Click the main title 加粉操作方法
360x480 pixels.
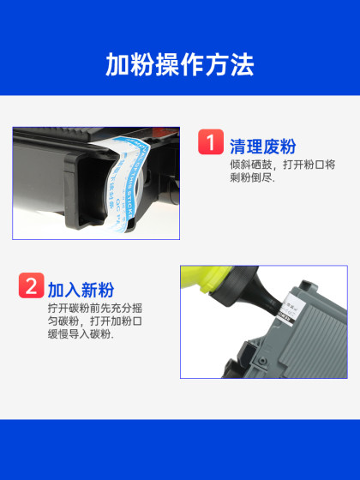click(x=179, y=65)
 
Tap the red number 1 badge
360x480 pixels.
click(x=211, y=141)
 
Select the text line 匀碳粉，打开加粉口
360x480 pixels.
click(x=95, y=321)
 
